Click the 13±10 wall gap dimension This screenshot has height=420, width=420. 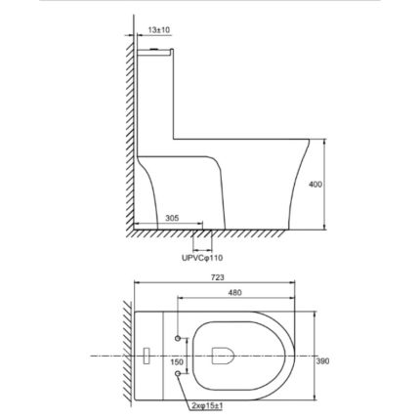(x=159, y=30)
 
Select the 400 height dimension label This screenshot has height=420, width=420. (x=315, y=185)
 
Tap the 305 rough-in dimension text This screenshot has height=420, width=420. (x=172, y=218)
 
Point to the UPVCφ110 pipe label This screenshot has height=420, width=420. (x=202, y=258)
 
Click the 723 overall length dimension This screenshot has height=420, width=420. (x=218, y=277)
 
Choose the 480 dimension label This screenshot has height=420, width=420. (x=234, y=293)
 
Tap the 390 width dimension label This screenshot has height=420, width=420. (x=322, y=361)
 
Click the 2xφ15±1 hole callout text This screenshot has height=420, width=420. (x=207, y=405)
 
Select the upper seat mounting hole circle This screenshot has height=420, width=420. (x=178, y=338)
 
